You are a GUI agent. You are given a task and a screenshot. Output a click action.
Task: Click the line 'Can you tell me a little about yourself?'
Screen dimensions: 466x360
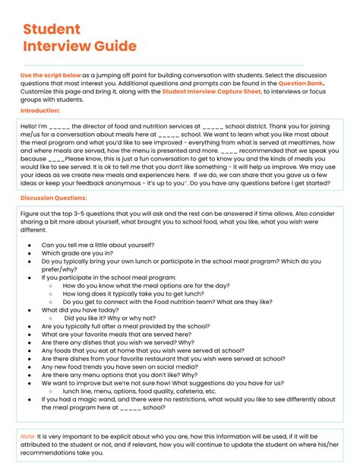tap(98, 246)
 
